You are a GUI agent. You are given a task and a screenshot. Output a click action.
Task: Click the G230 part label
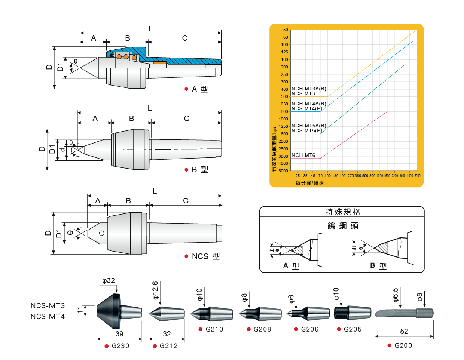coord(120,346)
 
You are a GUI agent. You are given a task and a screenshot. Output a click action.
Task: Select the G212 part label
coord(168,346)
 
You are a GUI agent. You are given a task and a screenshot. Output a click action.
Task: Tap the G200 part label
coord(403,345)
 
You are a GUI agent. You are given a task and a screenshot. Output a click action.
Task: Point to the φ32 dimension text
coord(109,281)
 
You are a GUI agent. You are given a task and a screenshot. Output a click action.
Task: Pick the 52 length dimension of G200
coord(404,331)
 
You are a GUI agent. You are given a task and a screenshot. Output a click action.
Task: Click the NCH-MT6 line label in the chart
coord(303,155)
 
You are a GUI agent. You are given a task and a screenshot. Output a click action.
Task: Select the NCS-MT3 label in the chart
coord(303,93)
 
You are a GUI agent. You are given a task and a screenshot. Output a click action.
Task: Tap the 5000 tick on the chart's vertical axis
coord(283,171)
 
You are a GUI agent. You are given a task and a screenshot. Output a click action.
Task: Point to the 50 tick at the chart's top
coord(286,30)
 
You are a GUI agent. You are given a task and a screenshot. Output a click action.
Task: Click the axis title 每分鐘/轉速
coord(309,183)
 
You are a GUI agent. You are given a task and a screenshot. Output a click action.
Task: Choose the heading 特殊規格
coord(342,212)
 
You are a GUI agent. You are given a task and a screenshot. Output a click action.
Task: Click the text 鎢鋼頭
coord(343,226)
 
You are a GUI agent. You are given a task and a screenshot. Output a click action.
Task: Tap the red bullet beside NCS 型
coord(186,256)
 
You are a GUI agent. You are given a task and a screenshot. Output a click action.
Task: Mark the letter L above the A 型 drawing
coord(150,29)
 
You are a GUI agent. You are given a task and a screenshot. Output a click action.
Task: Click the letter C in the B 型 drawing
coord(187,119)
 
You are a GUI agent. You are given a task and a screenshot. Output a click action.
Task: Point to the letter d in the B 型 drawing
coord(63,150)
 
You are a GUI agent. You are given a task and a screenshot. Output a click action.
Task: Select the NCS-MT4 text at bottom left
coord(48,317)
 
